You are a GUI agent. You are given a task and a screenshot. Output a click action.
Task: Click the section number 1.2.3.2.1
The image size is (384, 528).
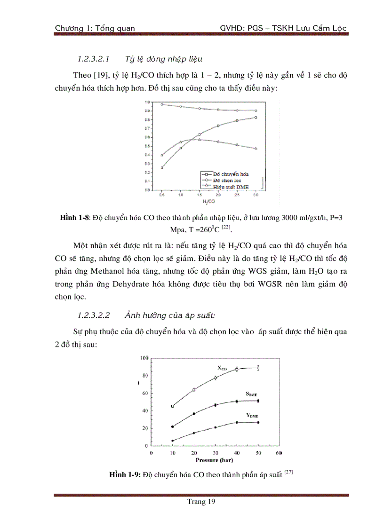(x=93, y=59)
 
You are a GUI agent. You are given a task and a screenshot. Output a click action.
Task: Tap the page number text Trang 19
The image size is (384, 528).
(x=201, y=502)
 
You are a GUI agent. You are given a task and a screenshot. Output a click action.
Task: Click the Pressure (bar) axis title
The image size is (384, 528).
(x=215, y=460)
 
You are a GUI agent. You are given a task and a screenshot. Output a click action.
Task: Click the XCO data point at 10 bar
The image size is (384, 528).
(x=172, y=406)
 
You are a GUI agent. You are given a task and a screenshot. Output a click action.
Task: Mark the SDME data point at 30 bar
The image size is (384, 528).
(x=216, y=405)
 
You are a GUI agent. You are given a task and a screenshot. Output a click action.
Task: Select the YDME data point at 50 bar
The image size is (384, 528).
(x=258, y=423)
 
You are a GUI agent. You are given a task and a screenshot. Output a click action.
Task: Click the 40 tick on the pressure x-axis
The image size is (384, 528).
(x=236, y=453)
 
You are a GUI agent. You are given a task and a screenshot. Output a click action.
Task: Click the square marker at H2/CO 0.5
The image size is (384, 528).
(x=162, y=167)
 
